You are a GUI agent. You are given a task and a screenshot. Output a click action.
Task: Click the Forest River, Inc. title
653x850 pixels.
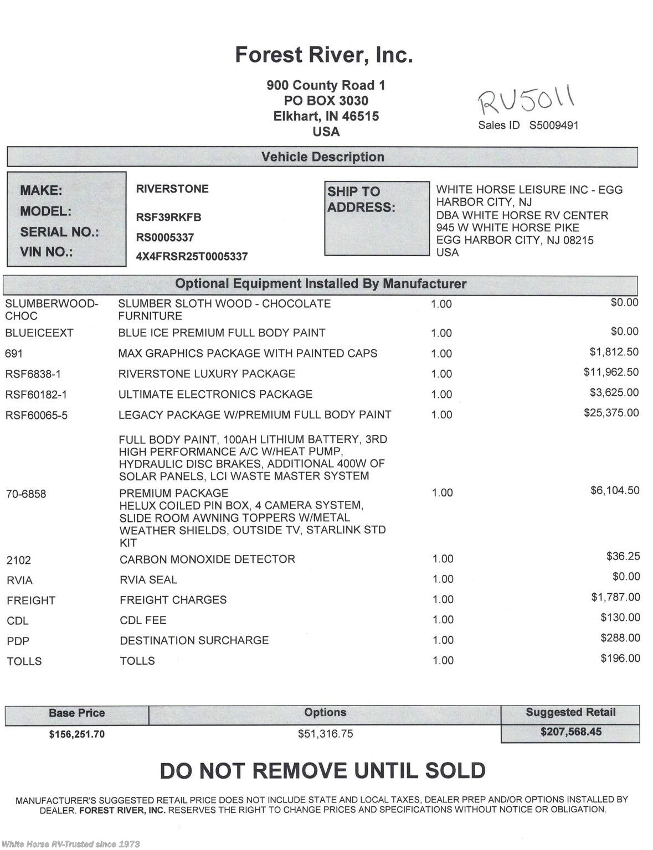click(324, 55)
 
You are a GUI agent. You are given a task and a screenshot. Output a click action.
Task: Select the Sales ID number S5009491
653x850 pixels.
click(553, 126)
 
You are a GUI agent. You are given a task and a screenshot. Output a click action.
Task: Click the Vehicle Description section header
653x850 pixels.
click(322, 157)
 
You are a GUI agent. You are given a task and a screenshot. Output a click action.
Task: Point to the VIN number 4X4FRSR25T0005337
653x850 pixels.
click(192, 257)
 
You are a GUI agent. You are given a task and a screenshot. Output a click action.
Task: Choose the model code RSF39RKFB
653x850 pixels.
click(168, 217)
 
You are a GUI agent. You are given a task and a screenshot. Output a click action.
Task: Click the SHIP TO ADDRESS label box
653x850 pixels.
click(377, 218)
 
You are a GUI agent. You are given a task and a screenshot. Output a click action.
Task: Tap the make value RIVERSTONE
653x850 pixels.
click(172, 189)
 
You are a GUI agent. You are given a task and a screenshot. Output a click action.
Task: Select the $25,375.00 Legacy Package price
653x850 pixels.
click(611, 413)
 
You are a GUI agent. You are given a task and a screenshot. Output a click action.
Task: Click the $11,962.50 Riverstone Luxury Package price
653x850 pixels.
click(611, 372)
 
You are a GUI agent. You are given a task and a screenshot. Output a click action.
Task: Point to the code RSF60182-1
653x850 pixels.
click(36, 395)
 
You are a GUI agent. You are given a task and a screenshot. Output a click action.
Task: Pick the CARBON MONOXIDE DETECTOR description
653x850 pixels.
click(207, 559)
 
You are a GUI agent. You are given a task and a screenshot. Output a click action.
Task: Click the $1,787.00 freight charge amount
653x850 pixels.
click(615, 597)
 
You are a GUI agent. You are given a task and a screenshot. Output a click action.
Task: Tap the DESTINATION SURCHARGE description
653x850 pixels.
click(194, 640)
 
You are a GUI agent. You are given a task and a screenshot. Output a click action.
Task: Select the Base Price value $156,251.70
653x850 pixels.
click(76, 734)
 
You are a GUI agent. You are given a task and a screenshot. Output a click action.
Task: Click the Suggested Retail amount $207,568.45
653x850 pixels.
click(570, 732)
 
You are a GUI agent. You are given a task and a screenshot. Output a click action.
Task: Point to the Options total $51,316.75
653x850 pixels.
click(325, 734)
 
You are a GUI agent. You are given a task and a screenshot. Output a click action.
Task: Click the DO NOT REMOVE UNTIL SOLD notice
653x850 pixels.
click(322, 771)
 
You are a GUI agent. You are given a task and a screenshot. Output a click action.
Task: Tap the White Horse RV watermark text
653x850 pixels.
click(70, 844)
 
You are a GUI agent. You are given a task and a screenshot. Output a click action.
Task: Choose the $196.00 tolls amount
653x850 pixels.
click(620, 659)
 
